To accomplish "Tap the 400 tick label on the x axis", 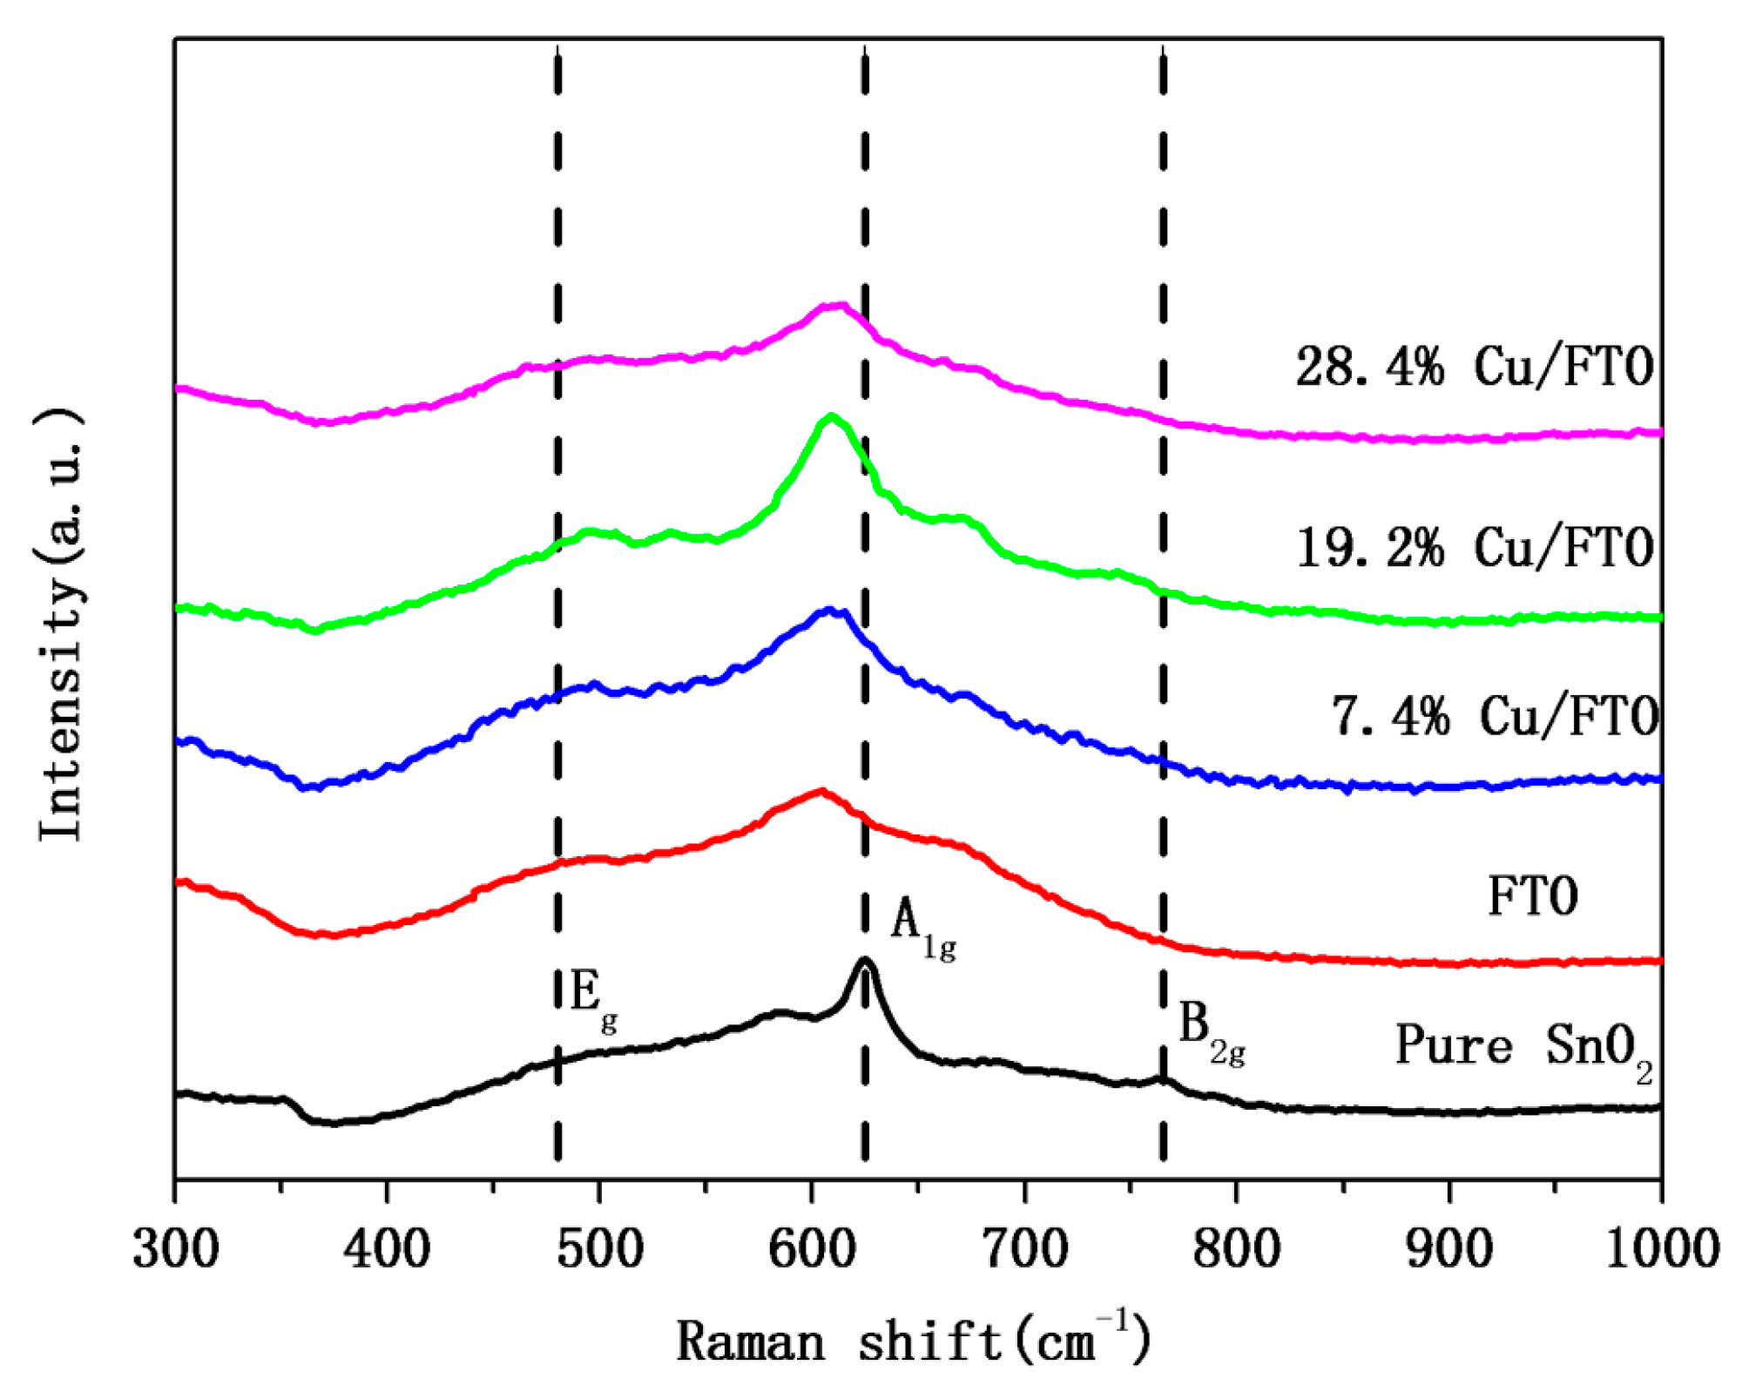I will [387, 1249].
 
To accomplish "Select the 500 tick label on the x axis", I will [599, 1249].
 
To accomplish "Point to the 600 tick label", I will [812, 1249].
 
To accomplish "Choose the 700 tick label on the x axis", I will [1024, 1249].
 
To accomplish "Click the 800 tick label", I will [1236, 1249].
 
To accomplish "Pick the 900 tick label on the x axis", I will [1449, 1249].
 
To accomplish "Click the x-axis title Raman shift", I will [914, 1340].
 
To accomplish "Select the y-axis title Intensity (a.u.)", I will [62, 625].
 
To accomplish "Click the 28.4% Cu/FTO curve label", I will [1474, 366].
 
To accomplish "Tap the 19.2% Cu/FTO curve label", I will [1474, 548].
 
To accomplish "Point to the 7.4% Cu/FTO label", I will [1495, 717].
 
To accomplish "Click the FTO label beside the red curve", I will [1532, 896].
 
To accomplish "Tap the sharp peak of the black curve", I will [864, 960].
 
